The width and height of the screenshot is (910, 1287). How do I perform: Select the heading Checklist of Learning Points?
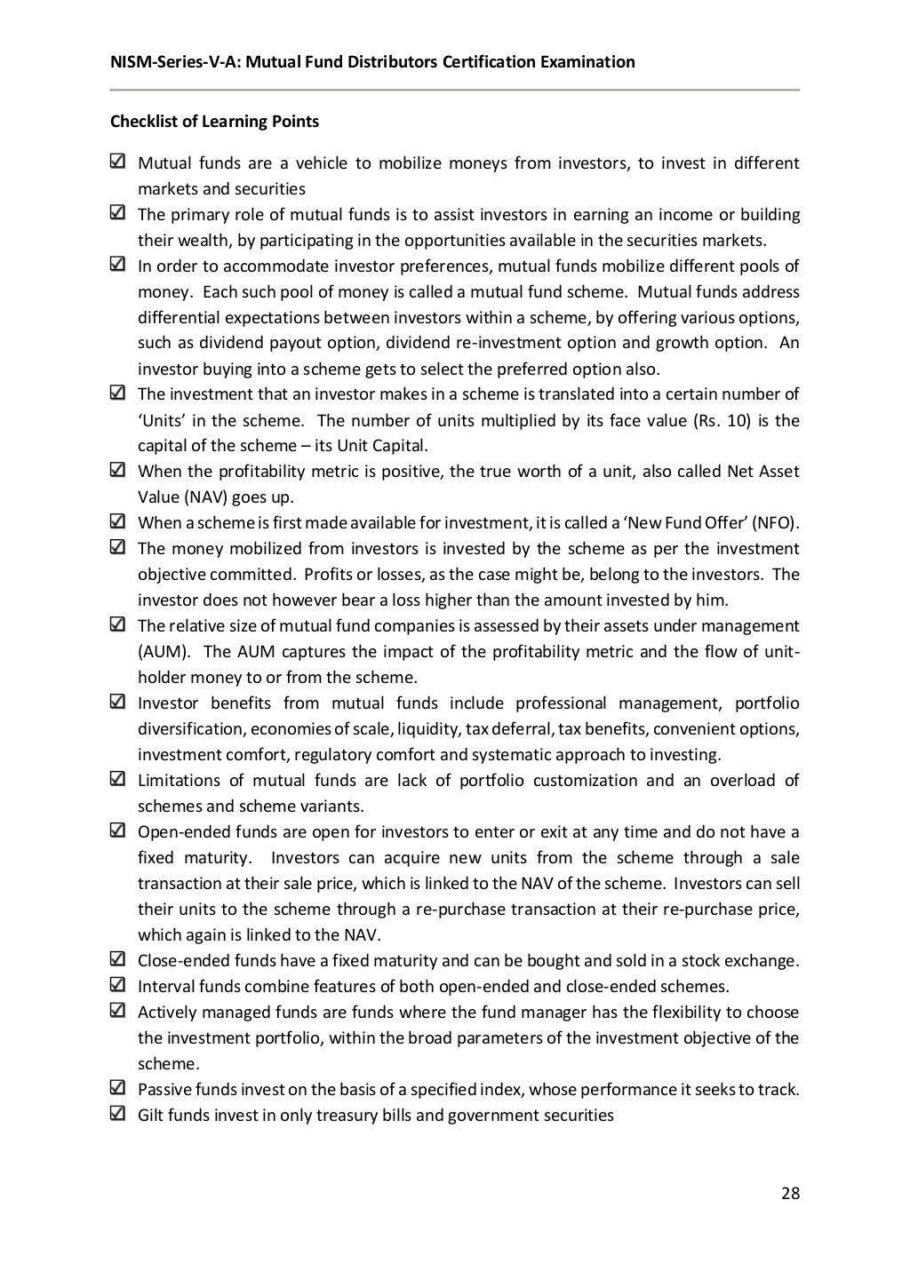[214, 122]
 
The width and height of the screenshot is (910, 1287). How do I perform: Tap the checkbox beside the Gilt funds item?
[117, 1113]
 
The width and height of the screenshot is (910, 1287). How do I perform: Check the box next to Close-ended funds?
[117, 958]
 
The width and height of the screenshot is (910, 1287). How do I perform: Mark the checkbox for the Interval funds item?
[117, 984]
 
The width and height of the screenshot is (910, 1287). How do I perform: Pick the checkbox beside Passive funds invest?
[117, 1087]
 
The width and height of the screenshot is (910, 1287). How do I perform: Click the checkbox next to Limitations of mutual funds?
[117, 779]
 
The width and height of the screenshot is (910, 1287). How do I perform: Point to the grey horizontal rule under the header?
[454, 90]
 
